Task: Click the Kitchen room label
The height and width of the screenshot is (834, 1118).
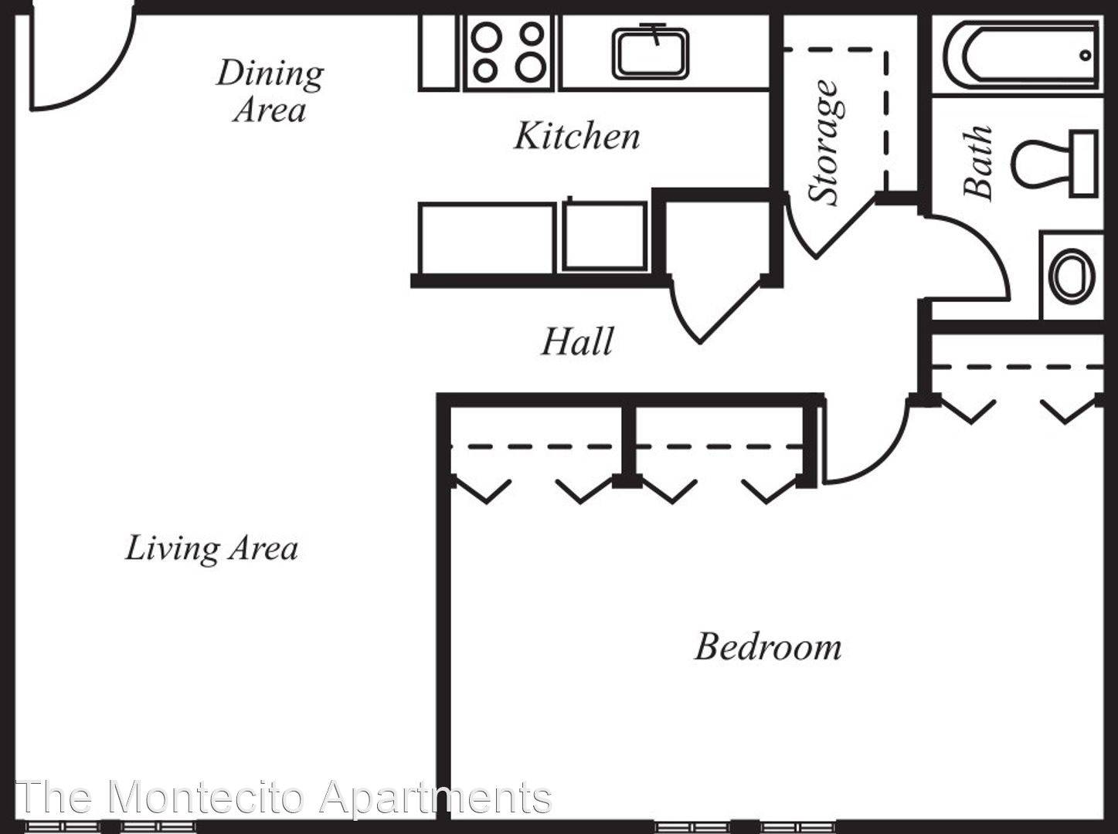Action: click(x=577, y=136)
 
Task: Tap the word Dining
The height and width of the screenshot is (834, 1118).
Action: click(x=270, y=74)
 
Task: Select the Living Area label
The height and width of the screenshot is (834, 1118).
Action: click(x=212, y=548)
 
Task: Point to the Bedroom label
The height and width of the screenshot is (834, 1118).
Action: click(x=768, y=647)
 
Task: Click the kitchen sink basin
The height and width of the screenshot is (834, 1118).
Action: click(x=651, y=53)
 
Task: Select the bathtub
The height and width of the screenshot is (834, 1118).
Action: click(x=1021, y=55)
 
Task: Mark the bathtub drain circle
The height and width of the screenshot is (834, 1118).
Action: click(x=1085, y=55)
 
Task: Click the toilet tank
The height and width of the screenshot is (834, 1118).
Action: click(x=1084, y=164)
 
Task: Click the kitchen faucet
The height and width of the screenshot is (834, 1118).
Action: click(x=654, y=33)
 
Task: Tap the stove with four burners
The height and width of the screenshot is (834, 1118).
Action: click(x=508, y=53)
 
